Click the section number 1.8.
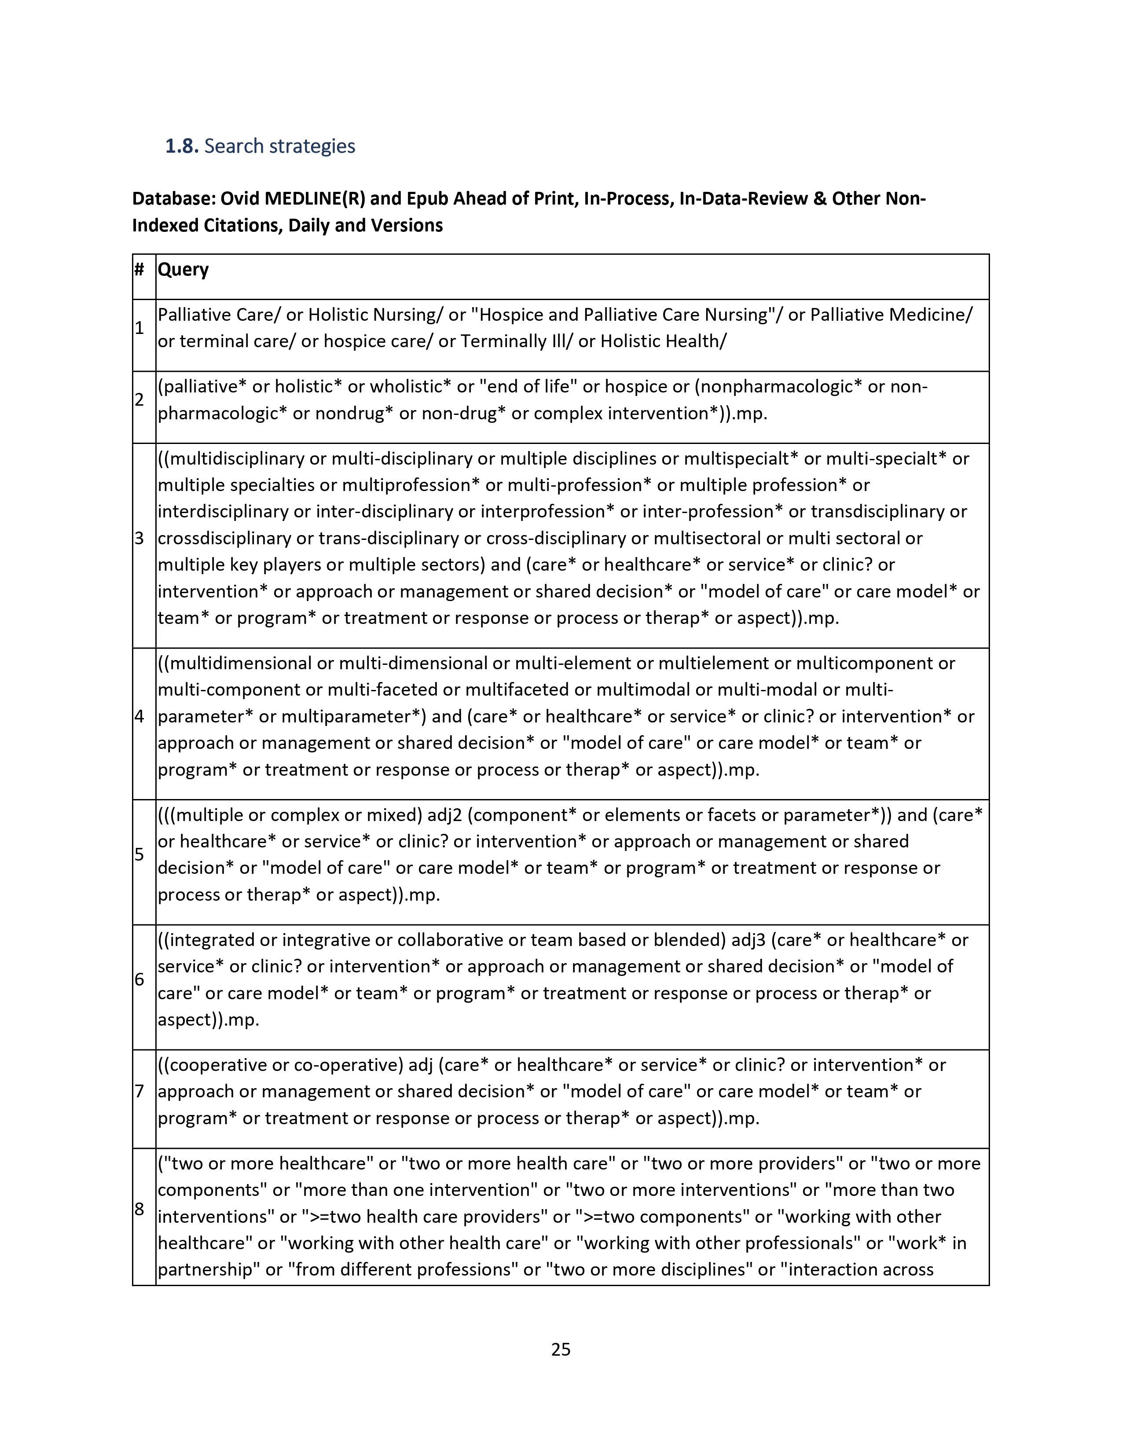[x=181, y=146]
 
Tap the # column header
[x=139, y=269]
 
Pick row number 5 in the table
[x=139, y=854]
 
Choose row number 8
[x=139, y=1209]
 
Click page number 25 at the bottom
[x=560, y=1349]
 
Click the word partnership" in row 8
[x=209, y=1270]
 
